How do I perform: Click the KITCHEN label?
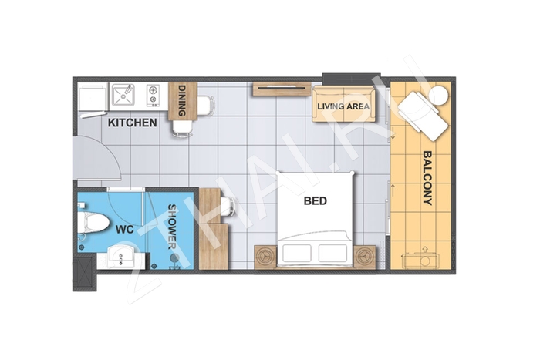(133, 123)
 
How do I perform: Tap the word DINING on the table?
(183, 100)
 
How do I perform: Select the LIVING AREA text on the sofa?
(343, 106)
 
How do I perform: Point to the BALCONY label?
(427, 177)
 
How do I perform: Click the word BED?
(315, 200)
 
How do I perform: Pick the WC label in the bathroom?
(125, 230)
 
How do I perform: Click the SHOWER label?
(172, 227)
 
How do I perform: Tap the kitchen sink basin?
(123, 95)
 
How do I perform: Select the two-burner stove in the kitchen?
(153, 95)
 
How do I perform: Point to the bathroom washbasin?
(120, 256)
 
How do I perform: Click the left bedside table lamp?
(265, 257)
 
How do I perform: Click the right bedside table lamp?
(365, 257)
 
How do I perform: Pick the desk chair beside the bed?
(228, 207)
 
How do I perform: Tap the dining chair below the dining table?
(183, 129)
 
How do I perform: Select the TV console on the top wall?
(281, 89)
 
